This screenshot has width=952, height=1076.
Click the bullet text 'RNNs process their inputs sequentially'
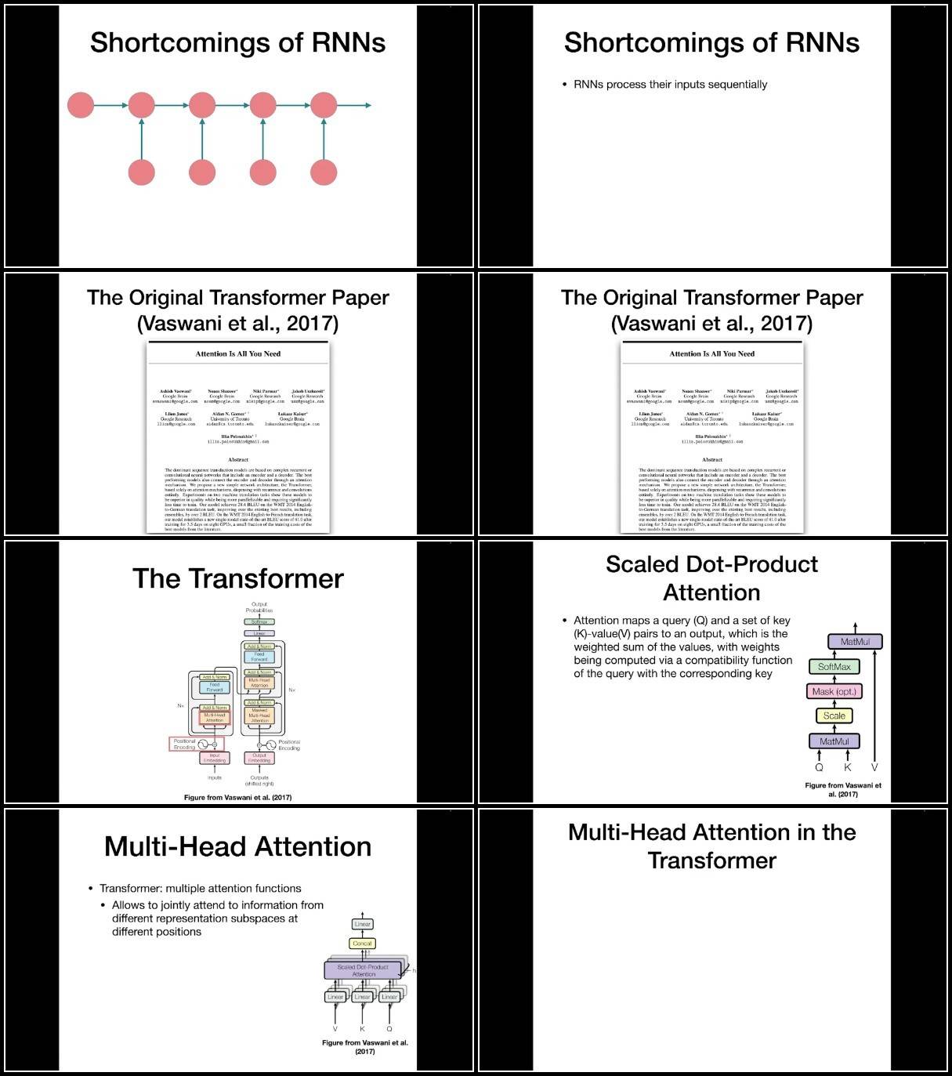[x=670, y=85]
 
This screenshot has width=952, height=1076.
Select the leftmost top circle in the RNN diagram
[x=81, y=105]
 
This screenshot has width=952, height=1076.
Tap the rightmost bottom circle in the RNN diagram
[x=324, y=172]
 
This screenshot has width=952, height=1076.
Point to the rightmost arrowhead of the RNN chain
[x=367, y=105]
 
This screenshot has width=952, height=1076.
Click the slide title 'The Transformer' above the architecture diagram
[x=237, y=578]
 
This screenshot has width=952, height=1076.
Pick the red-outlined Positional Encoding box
[x=197, y=744]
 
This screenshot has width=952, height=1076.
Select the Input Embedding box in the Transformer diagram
[x=215, y=759]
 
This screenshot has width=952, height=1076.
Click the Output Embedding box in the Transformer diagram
[x=259, y=759]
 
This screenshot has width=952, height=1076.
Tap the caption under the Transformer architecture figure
[x=237, y=797]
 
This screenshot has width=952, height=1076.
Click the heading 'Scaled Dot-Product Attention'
[x=711, y=578]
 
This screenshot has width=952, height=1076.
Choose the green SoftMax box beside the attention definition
[x=834, y=667]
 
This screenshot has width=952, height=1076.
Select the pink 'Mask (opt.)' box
[x=834, y=691]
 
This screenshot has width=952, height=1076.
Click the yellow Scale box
[x=834, y=716]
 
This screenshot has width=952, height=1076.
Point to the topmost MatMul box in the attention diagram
[x=855, y=641]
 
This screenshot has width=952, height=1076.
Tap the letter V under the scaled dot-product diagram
[x=874, y=767]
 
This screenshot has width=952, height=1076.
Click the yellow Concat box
[x=362, y=944]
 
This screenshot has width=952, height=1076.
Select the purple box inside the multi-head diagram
[x=363, y=970]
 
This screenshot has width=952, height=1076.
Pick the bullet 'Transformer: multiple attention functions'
[x=200, y=888]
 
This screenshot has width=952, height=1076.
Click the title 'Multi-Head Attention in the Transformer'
[x=711, y=846]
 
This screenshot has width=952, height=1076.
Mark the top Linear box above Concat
[x=362, y=924]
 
